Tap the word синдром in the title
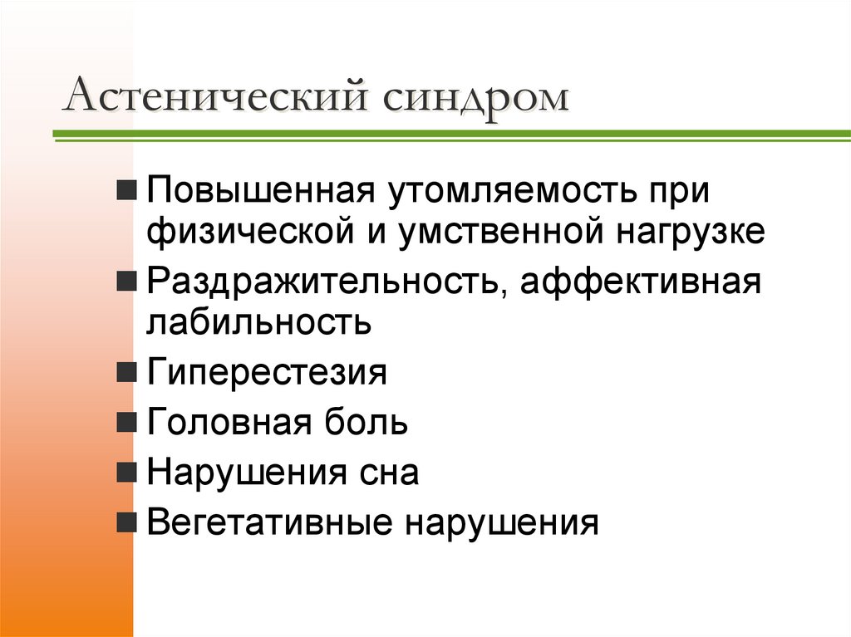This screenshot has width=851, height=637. [x=477, y=97]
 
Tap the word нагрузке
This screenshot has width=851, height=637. [x=689, y=231]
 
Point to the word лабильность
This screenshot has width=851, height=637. [x=258, y=321]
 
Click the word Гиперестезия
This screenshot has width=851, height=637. [x=267, y=373]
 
